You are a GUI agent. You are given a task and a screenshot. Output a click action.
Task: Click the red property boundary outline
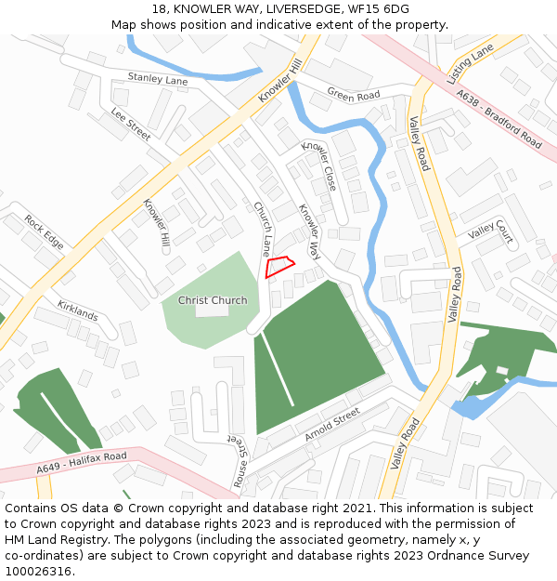279,267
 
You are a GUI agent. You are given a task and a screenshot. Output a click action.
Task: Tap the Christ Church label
213,300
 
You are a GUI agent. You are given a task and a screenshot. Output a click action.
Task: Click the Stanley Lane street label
158,80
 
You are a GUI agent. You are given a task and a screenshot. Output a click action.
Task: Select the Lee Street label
130,124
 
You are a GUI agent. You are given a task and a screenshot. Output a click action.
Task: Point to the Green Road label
354,95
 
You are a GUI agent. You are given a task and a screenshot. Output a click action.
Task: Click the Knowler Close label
320,165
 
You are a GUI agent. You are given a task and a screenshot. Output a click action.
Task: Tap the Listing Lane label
471,66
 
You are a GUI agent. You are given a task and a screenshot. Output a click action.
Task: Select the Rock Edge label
45,231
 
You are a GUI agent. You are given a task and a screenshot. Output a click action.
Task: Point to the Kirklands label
78,310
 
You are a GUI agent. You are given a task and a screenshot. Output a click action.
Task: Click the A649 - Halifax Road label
82,463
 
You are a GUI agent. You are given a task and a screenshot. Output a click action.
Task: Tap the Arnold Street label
331,424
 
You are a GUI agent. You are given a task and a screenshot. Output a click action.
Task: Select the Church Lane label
263,230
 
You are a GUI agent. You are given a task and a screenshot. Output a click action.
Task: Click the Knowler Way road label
309,231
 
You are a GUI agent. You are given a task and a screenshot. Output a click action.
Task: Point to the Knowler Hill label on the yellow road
281,81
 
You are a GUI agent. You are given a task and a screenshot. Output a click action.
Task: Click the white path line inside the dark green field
278,370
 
